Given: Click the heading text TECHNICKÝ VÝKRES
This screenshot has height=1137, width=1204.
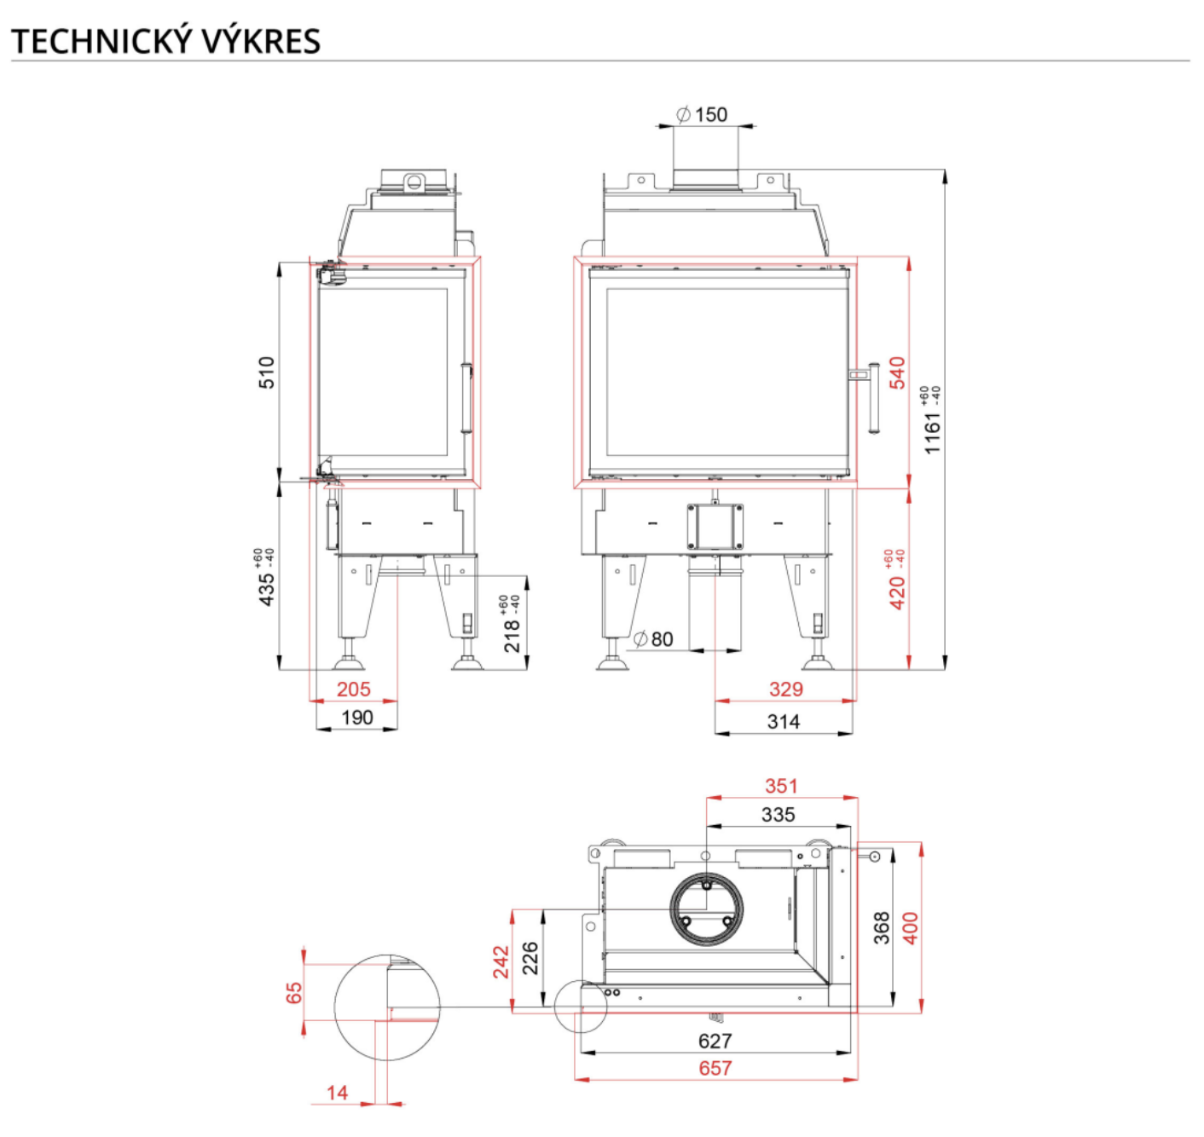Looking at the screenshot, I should click(165, 41).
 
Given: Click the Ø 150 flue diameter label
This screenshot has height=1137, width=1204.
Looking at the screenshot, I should click(702, 114).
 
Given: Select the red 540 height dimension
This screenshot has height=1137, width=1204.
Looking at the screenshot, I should click(897, 372).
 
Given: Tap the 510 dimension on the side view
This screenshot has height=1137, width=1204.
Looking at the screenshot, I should click(267, 372).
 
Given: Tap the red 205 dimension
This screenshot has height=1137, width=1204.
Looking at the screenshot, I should click(353, 690).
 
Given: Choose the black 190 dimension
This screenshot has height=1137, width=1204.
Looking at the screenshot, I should click(356, 718).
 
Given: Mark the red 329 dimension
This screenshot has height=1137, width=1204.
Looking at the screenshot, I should click(785, 690).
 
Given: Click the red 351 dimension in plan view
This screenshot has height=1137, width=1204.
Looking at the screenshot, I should click(781, 786).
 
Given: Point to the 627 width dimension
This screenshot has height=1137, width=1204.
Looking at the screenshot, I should click(715, 1041).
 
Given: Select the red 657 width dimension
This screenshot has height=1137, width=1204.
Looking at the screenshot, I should click(715, 1068).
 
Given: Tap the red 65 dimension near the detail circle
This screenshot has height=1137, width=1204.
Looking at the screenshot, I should click(294, 993).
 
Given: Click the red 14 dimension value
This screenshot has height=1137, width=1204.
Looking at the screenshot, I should click(337, 1093).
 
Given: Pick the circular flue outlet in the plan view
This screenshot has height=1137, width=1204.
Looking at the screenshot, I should click(706, 909).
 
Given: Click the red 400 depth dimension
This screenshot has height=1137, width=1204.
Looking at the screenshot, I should click(911, 927).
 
